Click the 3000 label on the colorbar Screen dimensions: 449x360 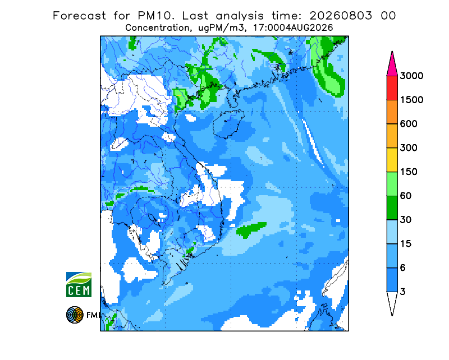pos(411,76)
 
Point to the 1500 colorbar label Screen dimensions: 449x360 pos(411,100)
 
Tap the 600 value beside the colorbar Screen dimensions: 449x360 pos(409,124)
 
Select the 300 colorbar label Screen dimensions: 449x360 pos(409,148)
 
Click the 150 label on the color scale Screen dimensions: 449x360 pos(409,172)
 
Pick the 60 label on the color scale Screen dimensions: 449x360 pos(406,196)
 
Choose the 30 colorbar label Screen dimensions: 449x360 pos(406,220)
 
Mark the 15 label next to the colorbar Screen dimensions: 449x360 pos(406,244)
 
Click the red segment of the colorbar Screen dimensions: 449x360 pos(392,88)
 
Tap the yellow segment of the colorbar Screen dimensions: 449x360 pos(392,160)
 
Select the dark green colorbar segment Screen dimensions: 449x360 pos(392,208)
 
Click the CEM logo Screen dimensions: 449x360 pos(79,284)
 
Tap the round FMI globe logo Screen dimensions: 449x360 pos(75,315)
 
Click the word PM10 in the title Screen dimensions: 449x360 pos(155,16)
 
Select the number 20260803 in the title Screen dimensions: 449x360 pos(341,16)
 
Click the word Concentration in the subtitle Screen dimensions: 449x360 pos(157,28)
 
